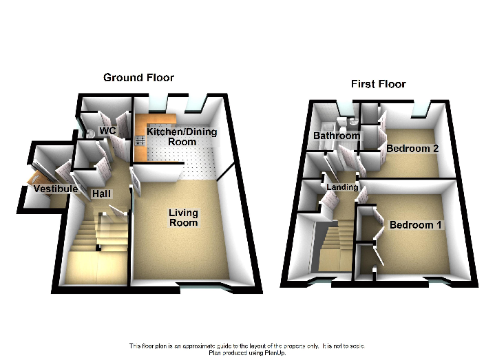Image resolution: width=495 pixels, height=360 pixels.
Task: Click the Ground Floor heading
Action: point(138,77)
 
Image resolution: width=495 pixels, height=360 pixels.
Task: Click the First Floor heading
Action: point(378,84)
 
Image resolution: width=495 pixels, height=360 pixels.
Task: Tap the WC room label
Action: point(107,130)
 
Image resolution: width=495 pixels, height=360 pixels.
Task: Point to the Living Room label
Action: point(183,218)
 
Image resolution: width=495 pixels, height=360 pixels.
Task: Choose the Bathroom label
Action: point(337,136)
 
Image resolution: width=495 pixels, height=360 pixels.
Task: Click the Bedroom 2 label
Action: point(412,148)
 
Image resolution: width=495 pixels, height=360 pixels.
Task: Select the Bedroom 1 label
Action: point(416,225)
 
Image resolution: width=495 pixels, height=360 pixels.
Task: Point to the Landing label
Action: point(342,187)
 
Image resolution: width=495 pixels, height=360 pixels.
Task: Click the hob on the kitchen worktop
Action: point(139,140)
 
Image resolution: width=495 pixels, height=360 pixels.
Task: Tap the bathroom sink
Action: point(352,121)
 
